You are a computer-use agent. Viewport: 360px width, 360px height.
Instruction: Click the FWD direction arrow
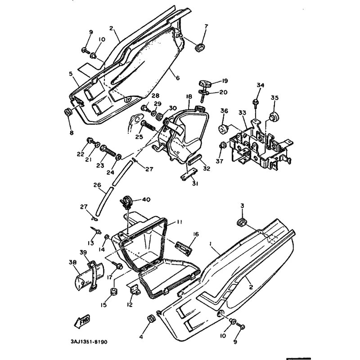click(82, 321)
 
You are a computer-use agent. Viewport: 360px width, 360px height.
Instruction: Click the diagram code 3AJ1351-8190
click(89, 342)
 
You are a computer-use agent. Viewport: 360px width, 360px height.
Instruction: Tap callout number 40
click(146, 199)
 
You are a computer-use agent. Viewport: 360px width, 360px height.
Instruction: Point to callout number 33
click(242, 113)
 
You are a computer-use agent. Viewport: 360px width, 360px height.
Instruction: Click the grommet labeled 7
click(200, 47)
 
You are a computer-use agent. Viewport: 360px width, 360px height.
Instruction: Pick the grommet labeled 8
click(68, 113)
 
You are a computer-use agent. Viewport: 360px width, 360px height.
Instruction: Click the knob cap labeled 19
click(206, 84)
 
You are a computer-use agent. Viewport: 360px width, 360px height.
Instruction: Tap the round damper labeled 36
click(223, 130)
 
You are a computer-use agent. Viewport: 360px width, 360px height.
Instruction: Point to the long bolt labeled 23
click(108, 150)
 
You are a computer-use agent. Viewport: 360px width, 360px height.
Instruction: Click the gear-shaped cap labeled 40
click(126, 202)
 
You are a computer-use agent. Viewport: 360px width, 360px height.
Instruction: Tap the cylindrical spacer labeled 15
click(113, 291)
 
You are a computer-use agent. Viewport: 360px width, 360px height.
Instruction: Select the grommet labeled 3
click(242, 222)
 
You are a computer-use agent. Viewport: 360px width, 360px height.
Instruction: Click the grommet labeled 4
click(152, 319)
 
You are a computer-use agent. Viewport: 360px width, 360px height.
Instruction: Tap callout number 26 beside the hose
click(97, 184)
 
